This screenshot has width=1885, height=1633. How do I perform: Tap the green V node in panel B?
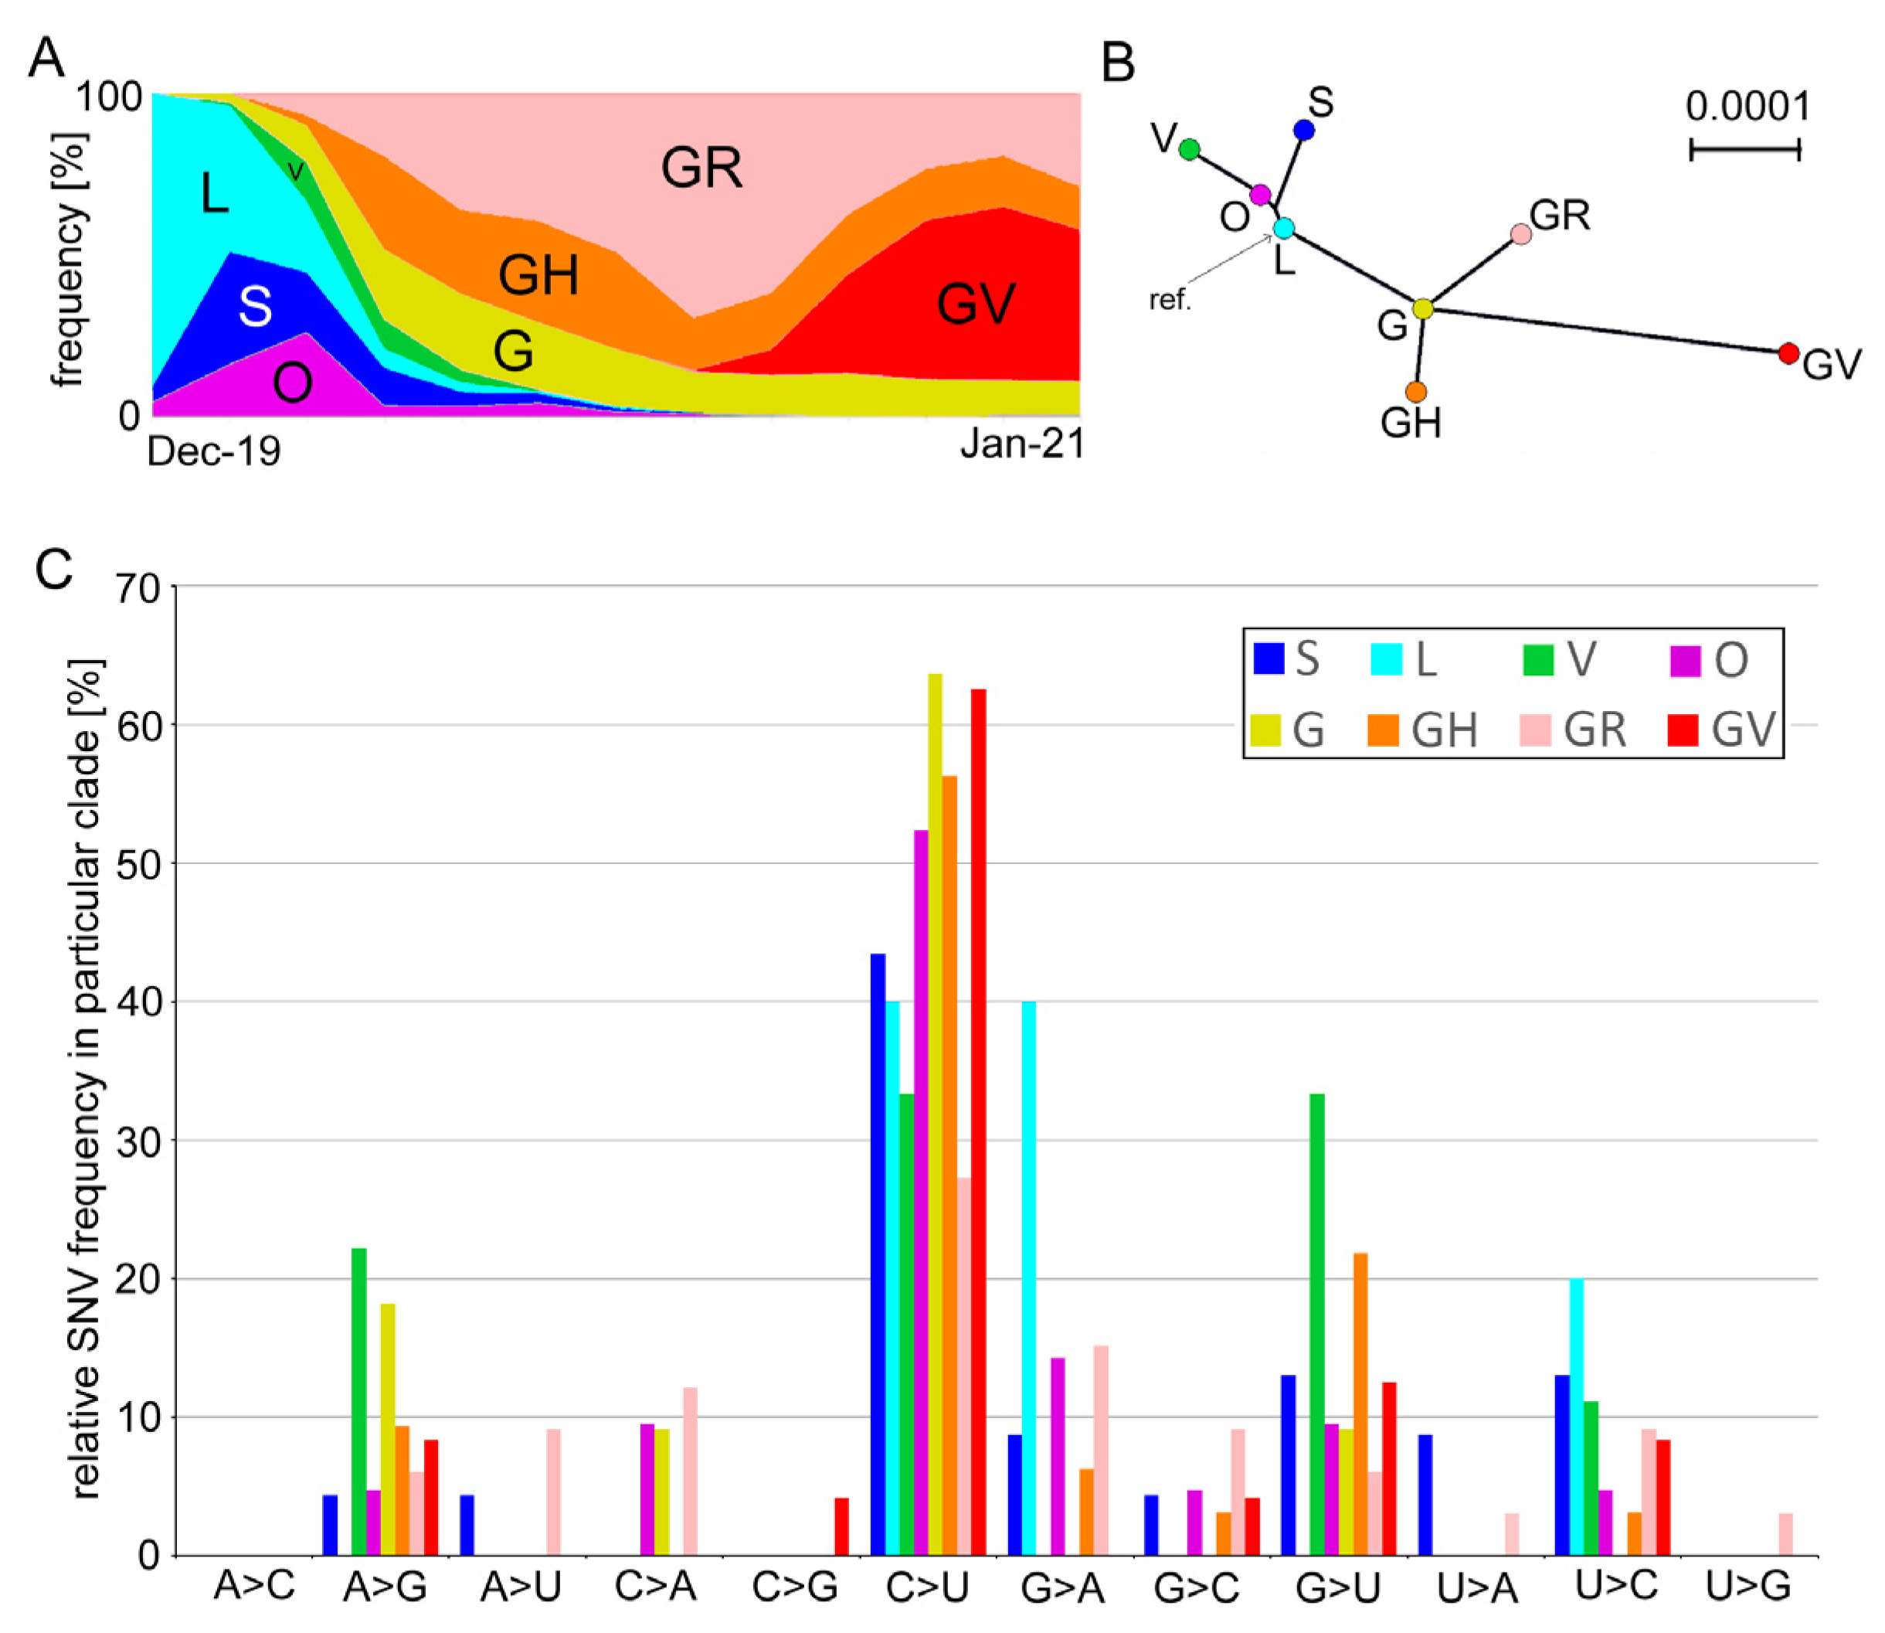click(1189, 149)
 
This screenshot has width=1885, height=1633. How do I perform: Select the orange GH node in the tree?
click(1415, 392)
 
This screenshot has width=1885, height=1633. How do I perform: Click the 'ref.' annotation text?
click(1170, 300)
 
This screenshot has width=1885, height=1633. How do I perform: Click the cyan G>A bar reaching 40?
click(1028, 1276)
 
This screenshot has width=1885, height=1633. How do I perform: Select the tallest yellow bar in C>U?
click(935, 1112)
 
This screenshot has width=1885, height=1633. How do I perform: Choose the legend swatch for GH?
click(1382, 729)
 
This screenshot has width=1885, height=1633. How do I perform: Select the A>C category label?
click(254, 1587)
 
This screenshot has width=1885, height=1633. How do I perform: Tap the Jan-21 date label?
click(1022, 444)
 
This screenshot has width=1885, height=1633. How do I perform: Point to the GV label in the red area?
click(976, 304)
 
